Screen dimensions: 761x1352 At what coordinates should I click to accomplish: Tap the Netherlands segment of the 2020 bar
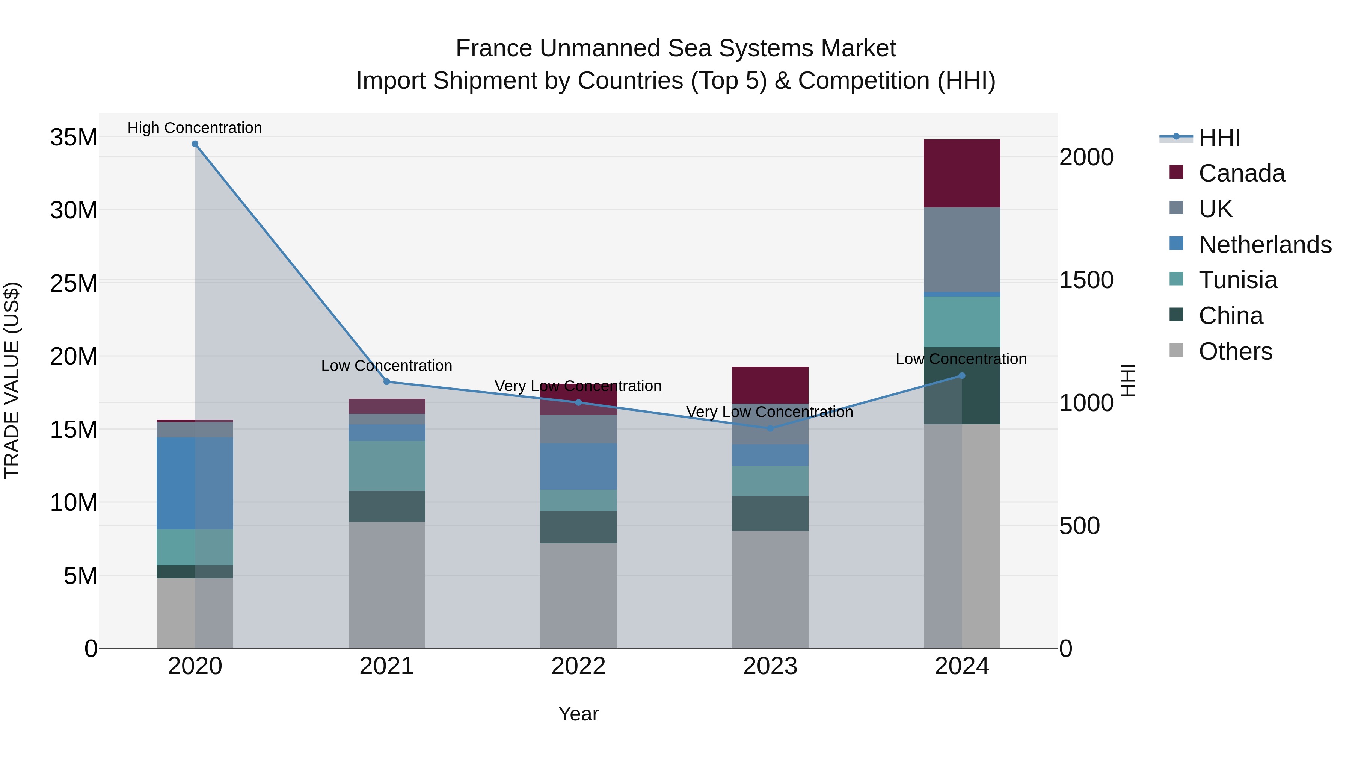tap(195, 483)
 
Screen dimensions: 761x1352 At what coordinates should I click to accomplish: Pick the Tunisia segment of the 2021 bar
tap(386, 466)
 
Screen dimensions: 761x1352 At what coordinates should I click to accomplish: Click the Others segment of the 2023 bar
tap(770, 589)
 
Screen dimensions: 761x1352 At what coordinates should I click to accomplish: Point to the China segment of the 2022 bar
tap(578, 527)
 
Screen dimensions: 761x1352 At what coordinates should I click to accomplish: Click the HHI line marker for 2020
tap(195, 144)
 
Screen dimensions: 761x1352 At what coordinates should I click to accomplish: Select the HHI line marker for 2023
tap(770, 428)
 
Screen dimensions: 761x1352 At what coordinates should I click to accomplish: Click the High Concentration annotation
tap(195, 128)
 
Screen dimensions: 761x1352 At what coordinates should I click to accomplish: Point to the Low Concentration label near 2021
tap(386, 366)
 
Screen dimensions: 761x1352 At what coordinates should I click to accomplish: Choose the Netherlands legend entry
tap(1265, 245)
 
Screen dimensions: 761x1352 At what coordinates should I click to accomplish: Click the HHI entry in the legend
tap(1219, 138)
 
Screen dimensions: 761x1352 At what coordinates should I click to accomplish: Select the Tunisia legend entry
tap(1237, 280)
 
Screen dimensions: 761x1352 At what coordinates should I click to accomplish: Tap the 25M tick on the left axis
tap(74, 284)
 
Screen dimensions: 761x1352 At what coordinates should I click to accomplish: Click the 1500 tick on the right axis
tap(1086, 280)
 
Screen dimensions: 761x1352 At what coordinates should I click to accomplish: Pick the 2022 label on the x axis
tap(578, 666)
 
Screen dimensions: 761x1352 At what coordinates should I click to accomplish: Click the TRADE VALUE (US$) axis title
tap(12, 380)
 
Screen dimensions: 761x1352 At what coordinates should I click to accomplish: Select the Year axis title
tap(578, 714)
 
